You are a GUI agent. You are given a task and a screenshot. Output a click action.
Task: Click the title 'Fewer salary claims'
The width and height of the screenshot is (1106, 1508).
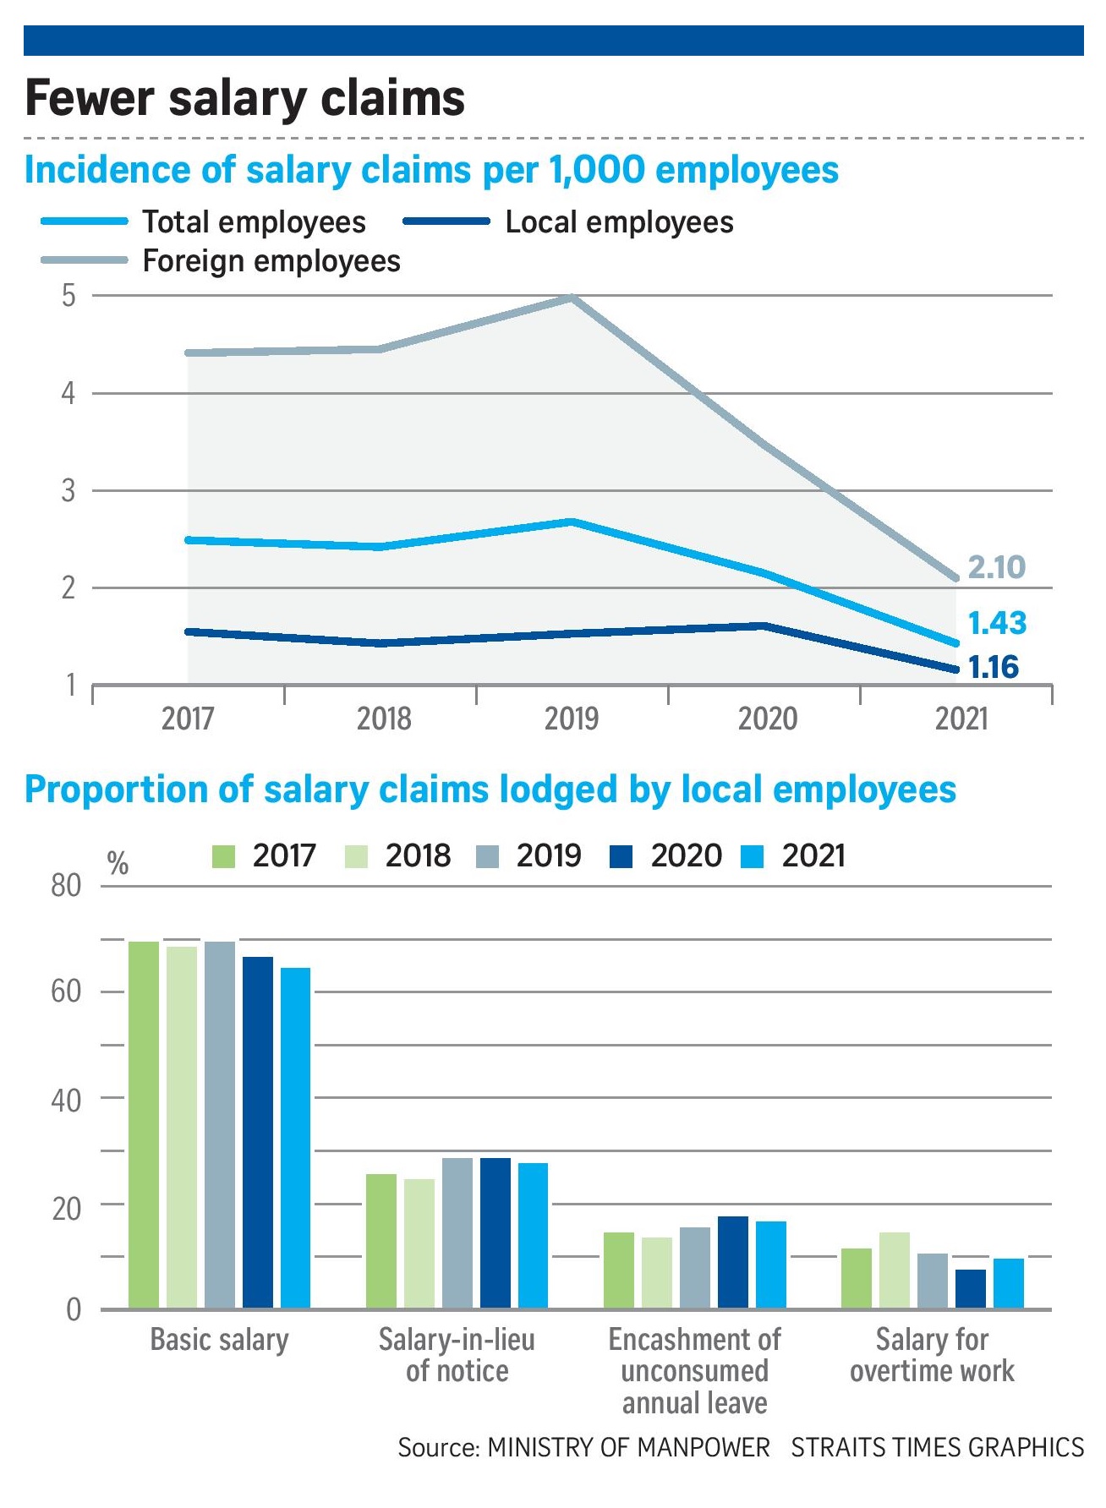coord(245,98)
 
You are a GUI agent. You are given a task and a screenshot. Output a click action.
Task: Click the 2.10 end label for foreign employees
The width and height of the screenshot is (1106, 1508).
coord(996,567)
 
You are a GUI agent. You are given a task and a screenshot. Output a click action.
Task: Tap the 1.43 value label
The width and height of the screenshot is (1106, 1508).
coord(996,623)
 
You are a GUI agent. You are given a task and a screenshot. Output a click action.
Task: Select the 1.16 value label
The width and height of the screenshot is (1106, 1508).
coord(994,667)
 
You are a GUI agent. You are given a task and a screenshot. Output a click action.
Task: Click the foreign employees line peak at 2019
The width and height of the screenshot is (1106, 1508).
coord(572,298)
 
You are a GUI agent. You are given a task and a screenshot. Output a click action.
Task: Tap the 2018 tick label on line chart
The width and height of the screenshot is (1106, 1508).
coord(384,718)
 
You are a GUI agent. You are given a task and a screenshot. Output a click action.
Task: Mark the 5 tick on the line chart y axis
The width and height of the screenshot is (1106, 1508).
coord(68,296)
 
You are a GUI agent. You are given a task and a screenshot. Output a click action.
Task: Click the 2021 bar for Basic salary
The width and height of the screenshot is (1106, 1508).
coord(295,1138)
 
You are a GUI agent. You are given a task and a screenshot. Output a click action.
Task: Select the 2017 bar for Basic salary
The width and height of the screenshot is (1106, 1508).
coord(144,1124)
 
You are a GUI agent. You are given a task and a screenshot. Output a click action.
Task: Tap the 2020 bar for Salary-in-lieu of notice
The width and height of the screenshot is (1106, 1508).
coord(496,1232)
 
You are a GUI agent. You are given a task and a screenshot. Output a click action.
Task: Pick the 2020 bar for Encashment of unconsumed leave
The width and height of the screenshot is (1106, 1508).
coord(733,1262)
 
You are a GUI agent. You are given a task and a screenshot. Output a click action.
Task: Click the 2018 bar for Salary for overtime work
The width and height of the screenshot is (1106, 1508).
coord(895,1270)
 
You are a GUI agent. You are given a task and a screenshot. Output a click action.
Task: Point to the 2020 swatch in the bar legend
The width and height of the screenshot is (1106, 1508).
coord(621,857)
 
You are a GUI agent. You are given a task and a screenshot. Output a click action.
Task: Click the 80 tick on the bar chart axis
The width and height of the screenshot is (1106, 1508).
coord(66,886)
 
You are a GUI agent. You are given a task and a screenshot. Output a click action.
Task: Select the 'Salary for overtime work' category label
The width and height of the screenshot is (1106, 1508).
coord(932,1355)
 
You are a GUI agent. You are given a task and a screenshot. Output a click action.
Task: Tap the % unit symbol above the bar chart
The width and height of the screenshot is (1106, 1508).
coord(118,863)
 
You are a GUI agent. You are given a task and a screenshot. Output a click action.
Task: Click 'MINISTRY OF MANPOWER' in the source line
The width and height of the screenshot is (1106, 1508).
coord(629,1448)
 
